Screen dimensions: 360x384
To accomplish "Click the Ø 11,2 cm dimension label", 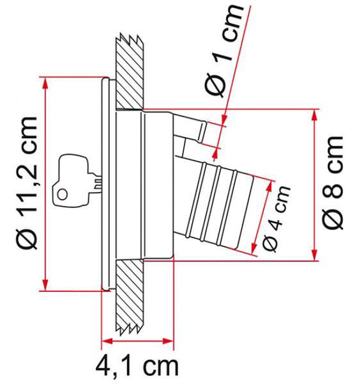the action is coord(28,183).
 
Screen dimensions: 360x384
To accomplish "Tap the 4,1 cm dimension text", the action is coord(136,366).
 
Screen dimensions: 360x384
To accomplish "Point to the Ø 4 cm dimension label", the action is coord(276,218).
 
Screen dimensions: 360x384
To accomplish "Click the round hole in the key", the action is coord(62,195).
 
